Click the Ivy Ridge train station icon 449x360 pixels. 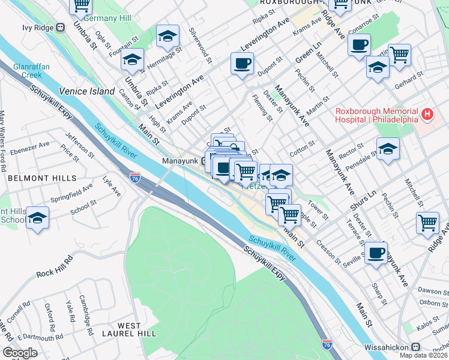[x=60, y=28]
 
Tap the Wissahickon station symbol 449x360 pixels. [x=415, y=347]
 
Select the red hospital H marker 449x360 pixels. [x=427, y=113]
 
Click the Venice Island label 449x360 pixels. [x=86, y=92]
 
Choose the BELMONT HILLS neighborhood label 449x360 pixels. [x=42, y=178]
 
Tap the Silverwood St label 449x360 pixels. [x=200, y=45]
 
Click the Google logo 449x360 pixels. [x=20, y=353]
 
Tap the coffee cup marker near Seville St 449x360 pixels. [x=376, y=253]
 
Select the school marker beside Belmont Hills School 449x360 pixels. [x=38, y=218]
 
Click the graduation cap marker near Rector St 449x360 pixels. [x=388, y=149]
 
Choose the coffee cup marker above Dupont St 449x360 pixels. [x=242, y=64]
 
